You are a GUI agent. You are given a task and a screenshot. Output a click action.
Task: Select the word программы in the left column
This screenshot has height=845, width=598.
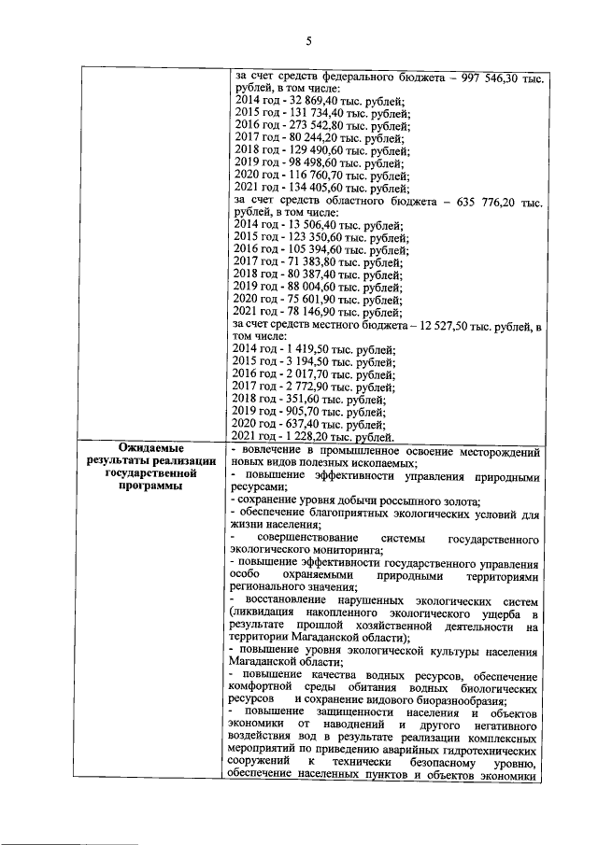(x=150, y=485)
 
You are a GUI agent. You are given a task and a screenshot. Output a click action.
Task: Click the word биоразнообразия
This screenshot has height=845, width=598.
(x=458, y=699)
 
